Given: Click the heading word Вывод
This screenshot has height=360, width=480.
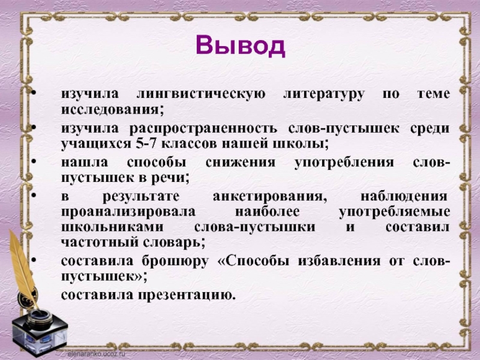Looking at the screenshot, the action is tap(241, 46).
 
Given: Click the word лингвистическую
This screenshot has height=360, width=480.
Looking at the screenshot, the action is tap(201, 94).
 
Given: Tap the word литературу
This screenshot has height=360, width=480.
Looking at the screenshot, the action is tap(324, 94).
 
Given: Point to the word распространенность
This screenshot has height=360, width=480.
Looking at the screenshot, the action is tap(203, 128).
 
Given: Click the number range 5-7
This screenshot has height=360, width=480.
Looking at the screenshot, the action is tap(145, 143).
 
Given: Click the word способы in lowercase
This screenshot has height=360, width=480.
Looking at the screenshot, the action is tap(157, 162).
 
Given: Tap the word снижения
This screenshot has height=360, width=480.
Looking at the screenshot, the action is tap(241, 162).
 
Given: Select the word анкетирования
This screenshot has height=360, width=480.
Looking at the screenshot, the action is tap(269, 196).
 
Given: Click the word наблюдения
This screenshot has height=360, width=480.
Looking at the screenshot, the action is tap(404, 196).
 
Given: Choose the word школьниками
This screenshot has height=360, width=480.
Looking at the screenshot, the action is tap(112, 227).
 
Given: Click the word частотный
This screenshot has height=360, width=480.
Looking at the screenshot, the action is tap(98, 242).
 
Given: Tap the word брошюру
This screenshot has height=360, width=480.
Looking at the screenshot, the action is tap(175, 261).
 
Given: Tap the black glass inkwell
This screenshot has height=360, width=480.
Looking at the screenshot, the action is tap(39, 330).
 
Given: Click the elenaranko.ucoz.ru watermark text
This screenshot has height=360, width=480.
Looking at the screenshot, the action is tap(97, 353).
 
